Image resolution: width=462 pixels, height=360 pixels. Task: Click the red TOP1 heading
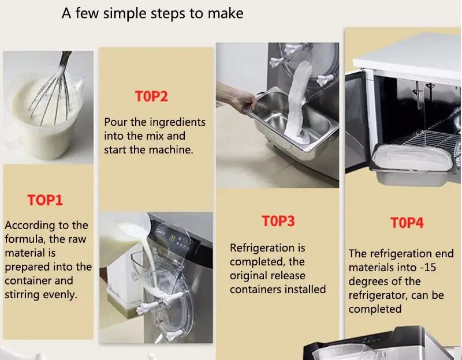[45, 200]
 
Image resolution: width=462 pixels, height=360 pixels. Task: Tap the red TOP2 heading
[151, 96]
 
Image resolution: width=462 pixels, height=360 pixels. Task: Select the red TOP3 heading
[278, 221]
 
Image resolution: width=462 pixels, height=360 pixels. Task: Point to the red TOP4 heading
[407, 223]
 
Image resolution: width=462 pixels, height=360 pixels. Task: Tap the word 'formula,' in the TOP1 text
[25, 239]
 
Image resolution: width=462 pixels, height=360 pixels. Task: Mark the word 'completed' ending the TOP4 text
[375, 309]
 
